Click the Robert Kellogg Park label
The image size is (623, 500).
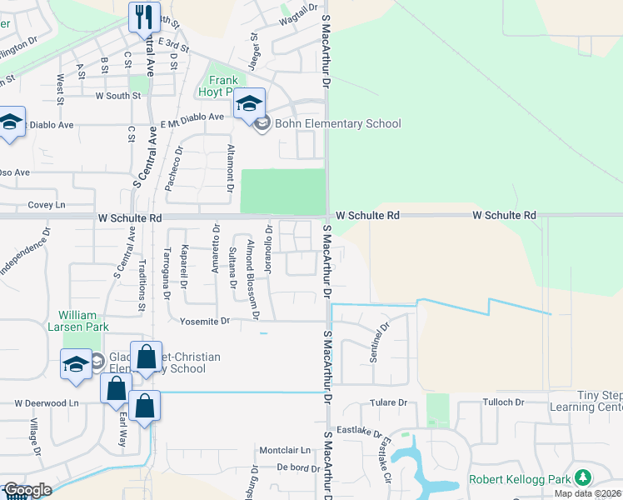click(x=520, y=479)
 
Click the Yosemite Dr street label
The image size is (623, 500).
click(x=205, y=321)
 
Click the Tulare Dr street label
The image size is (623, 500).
click(x=390, y=403)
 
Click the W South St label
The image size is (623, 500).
click(x=118, y=96)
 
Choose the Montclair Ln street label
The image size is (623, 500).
click(x=285, y=450)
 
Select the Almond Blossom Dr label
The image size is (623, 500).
click(x=253, y=279)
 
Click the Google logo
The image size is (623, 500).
click(x=27, y=490)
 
